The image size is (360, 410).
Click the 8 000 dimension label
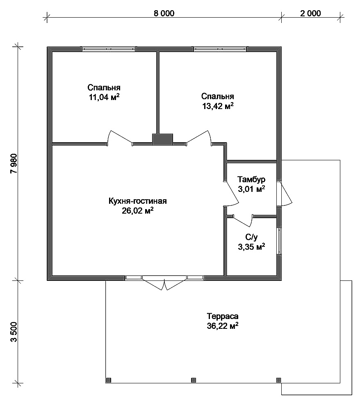click(x=164, y=13)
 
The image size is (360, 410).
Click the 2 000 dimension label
click(x=310, y=13)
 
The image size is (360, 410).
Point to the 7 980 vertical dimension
click(x=14, y=164)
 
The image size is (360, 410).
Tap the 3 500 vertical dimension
click(x=14, y=332)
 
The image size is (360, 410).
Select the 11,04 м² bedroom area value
click(x=104, y=97)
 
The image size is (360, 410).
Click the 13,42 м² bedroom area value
click(x=218, y=106)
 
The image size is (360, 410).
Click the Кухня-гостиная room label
click(x=137, y=201)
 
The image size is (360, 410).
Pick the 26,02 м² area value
click(x=137, y=210)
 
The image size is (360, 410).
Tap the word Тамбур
click(x=251, y=180)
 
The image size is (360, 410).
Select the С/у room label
click(x=251, y=237)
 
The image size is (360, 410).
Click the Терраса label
click(x=223, y=316)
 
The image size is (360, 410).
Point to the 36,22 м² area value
click(x=223, y=326)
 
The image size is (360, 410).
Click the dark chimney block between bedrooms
click(x=163, y=139)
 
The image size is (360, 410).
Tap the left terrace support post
click(x=109, y=380)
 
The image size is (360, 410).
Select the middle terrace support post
click(x=194, y=380)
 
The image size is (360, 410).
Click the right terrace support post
click(x=279, y=380)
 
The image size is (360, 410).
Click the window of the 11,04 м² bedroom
click(x=109, y=49)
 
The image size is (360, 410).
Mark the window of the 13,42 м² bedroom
click(x=220, y=49)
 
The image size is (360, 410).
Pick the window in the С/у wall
click(x=279, y=241)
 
